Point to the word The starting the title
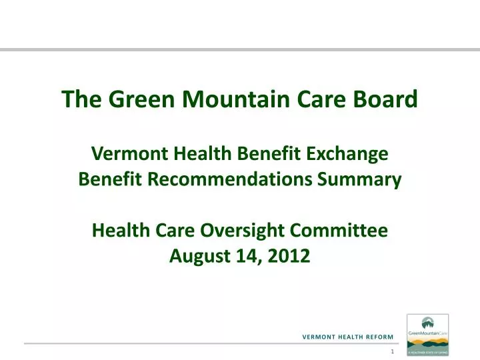coord(80,99)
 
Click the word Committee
coord(343,231)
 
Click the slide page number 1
coord(393,351)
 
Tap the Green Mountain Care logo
coord(427,335)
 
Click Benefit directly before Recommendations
coord(107,179)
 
